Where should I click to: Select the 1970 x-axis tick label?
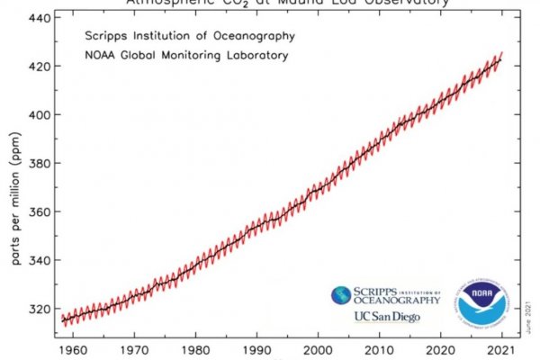tap(135, 344)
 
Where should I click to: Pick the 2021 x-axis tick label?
tap(502, 344)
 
